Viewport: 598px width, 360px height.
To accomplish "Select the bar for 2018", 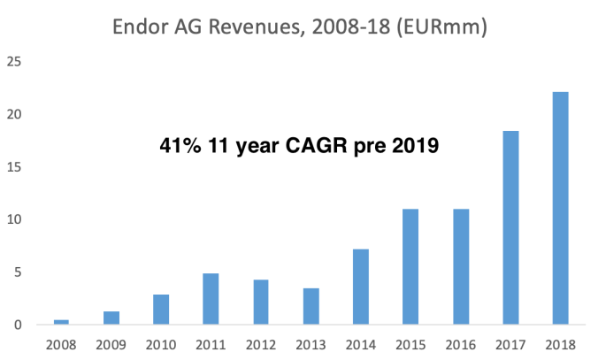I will point(560,209).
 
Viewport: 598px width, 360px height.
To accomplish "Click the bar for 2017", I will point(510,228).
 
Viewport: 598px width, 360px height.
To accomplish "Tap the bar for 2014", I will point(360,287).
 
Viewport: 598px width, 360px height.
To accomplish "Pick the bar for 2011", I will point(211,299).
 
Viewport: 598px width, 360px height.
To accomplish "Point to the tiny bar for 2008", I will point(61,322).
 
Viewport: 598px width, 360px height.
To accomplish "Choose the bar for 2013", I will point(310,306).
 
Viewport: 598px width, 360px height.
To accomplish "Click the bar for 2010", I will point(161,310).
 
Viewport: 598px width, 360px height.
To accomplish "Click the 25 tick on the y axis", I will point(14,62).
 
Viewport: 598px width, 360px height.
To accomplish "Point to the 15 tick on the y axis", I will point(14,167).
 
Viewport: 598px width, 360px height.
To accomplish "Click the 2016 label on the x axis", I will point(460,343).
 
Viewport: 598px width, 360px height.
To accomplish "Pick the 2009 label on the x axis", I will point(111,343).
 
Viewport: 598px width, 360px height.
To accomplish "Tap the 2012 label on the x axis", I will point(260,343).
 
